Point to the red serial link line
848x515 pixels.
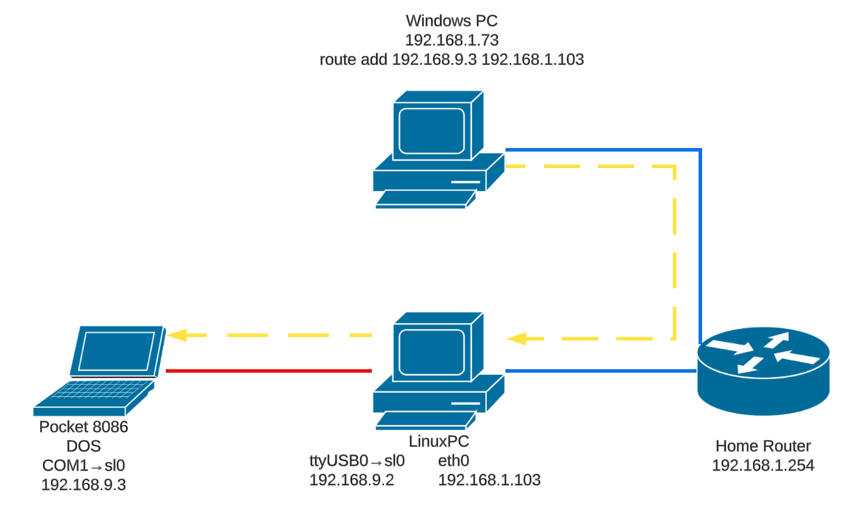[x=269, y=371]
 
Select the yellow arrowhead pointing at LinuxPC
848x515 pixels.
[x=516, y=338]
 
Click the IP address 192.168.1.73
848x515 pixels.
[x=451, y=41]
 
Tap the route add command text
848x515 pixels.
[x=451, y=60]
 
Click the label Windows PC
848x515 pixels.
[x=451, y=21]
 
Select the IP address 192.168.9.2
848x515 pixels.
[x=352, y=480]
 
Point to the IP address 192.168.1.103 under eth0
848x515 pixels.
[x=489, y=480]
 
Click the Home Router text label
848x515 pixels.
[x=763, y=445]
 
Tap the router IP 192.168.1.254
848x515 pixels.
[x=763, y=465]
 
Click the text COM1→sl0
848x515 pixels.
[x=84, y=465]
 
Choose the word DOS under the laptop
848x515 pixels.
[x=84, y=446]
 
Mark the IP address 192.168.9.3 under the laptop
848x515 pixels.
[x=84, y=484]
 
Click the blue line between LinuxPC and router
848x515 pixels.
[x=601, y=371]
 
